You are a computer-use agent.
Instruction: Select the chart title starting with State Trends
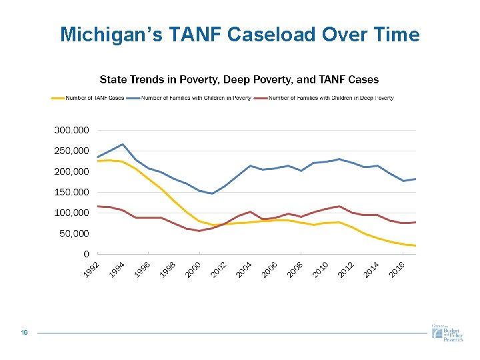tap(239, 79)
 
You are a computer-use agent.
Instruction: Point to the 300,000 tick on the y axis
tap(71, 130)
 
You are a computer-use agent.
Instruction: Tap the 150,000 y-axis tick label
tap(71, 192)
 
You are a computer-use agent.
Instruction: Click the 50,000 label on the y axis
tap(73, 233)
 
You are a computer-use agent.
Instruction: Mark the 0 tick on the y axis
tap(87, 254)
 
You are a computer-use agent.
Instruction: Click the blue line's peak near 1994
tap(123, 144)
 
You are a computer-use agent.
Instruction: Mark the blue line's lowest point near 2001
tap(212, 193)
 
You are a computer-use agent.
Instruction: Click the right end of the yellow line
tap(415, 245)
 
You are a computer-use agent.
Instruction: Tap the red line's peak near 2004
tap(250, 212)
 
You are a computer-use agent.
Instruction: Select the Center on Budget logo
tap(446, 332)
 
